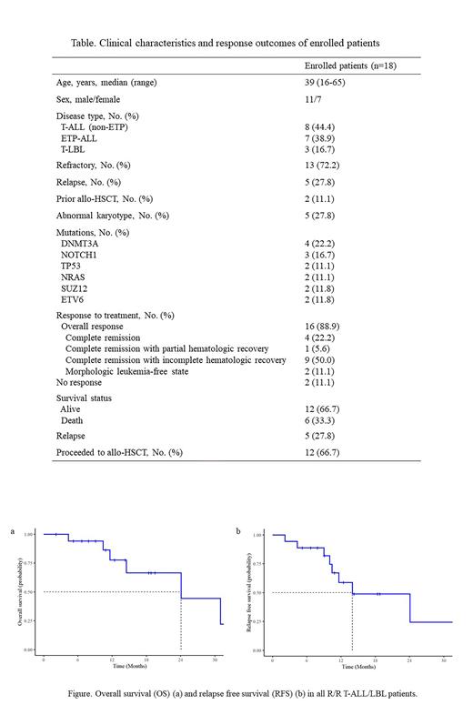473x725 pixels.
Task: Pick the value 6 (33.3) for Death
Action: pos(320,420)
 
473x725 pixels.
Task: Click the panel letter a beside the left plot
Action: pos(12,529)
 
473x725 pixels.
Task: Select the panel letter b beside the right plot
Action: pos(239,529)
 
